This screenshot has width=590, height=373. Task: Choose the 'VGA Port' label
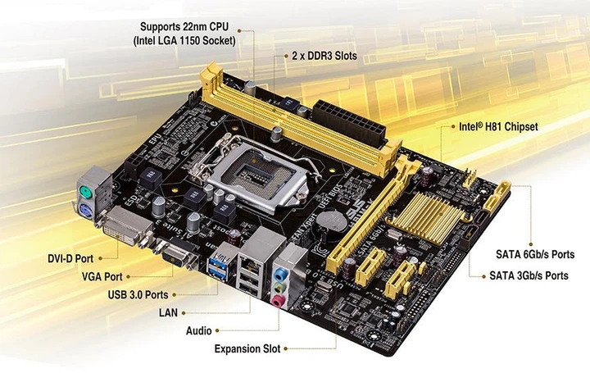point(102,277)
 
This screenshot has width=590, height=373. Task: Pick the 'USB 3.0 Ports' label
point(139,294)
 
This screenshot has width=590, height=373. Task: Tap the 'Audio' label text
point(199,330)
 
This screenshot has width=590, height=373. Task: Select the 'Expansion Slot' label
point(247,349)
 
